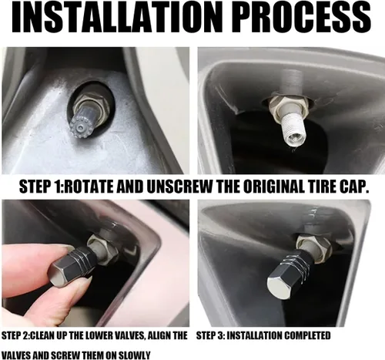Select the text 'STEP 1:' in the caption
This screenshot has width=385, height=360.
click(43, 188)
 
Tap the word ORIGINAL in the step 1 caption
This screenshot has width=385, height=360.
click(275, 188)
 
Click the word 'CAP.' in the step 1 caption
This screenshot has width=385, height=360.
click(353, 188)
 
